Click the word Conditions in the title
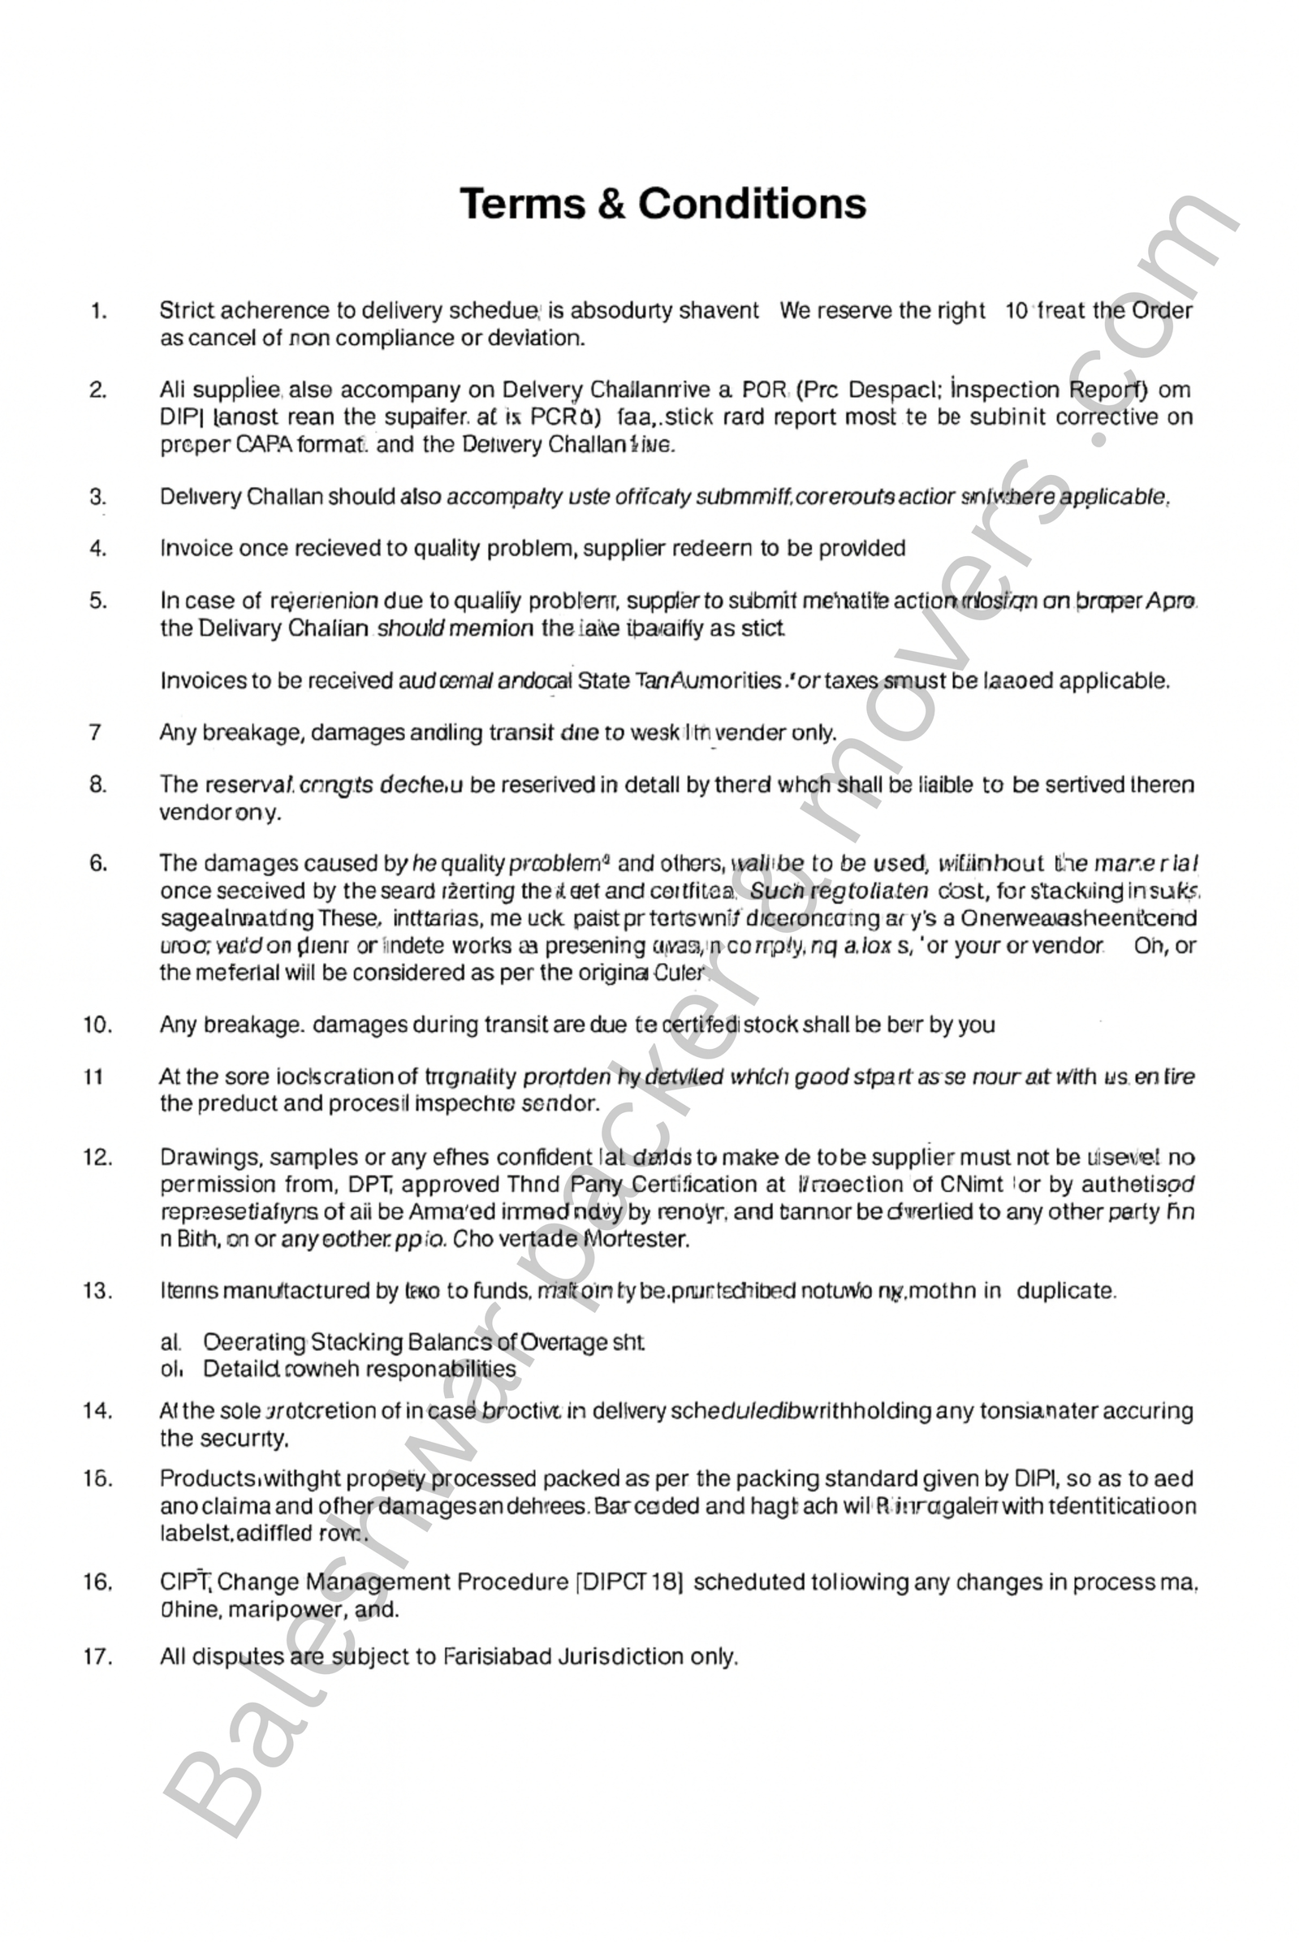coord(752,204)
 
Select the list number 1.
coord(98,312)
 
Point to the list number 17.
coord(97,1656)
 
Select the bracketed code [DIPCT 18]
coord(630,1582)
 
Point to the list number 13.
coord(97,1291)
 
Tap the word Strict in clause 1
coord(188,311)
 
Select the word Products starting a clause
coord(207,1478)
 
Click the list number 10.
coord(97,1025)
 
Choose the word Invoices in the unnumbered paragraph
coord(201,681)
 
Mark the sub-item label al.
coord(170,1341)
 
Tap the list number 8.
coord(97,784)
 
